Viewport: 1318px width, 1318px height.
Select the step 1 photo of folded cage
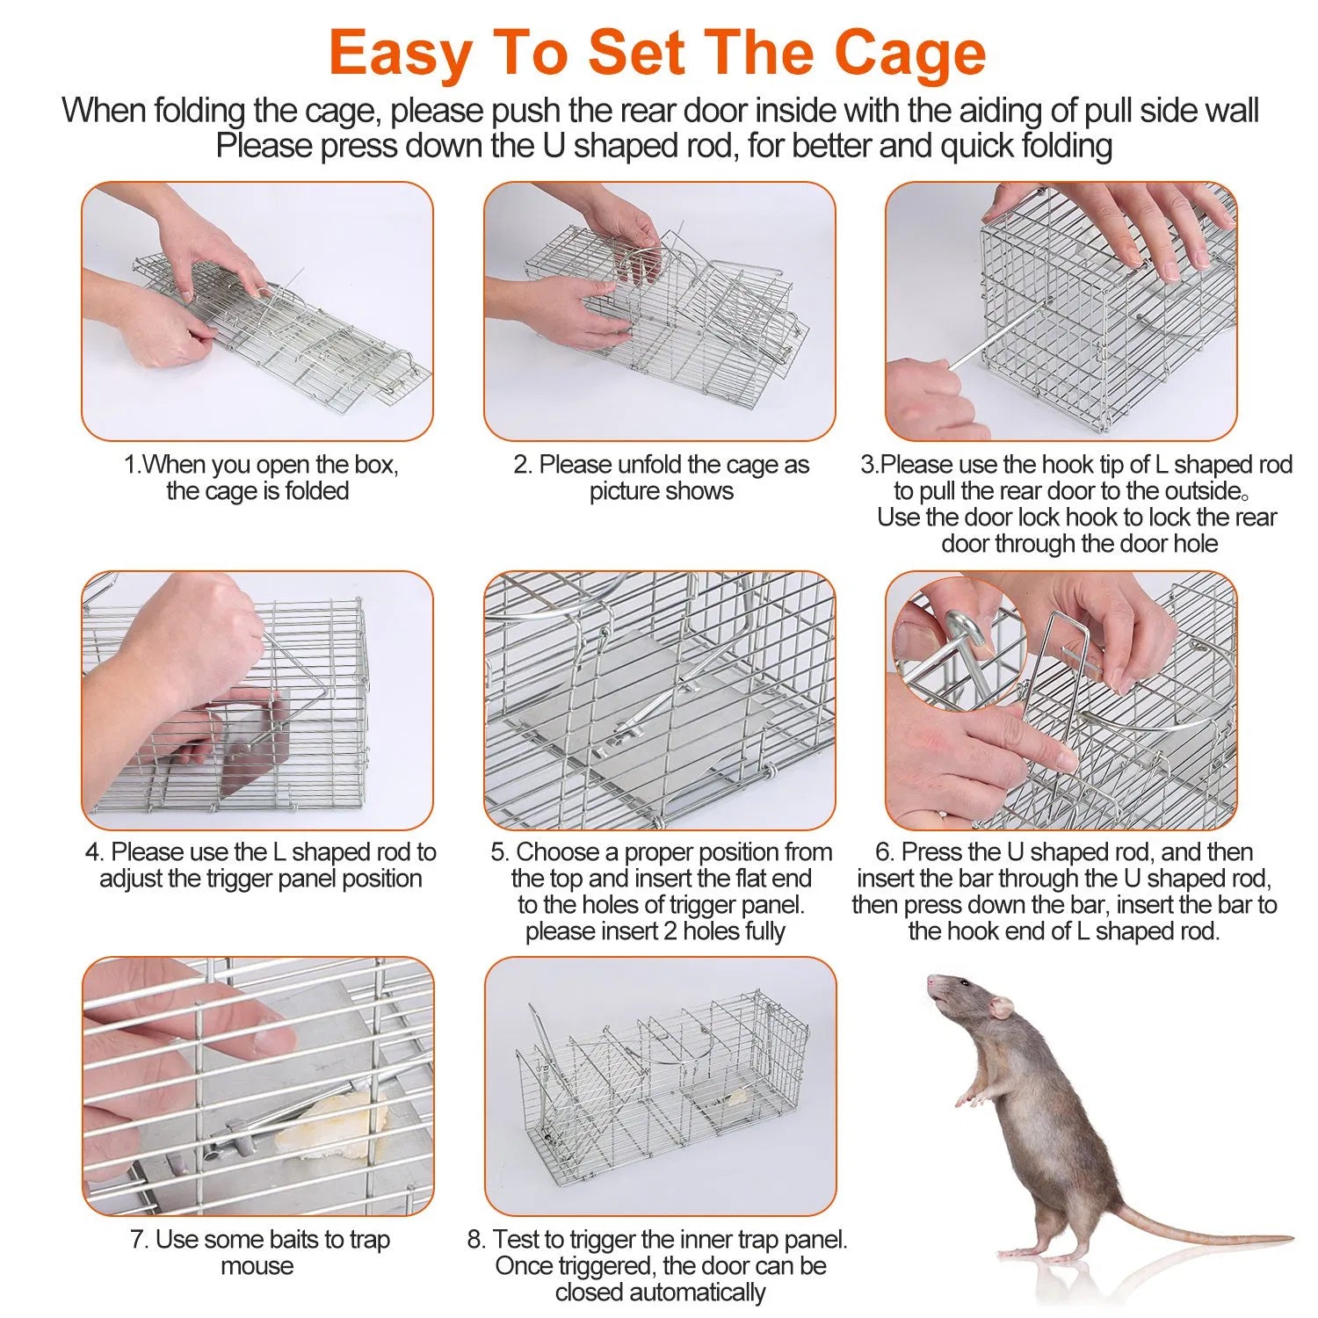pyautogui.click(x=257, y=311)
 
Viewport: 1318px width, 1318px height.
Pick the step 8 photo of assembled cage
pyautogui.click(x=660, y=1086)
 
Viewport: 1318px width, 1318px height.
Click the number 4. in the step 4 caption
pyautogui.click(x=95, y=852)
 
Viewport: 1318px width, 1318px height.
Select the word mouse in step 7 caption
pyautogui.click(x=257, y=1266)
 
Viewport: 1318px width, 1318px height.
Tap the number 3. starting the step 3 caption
pyautogui.click(x=869, y=465)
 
